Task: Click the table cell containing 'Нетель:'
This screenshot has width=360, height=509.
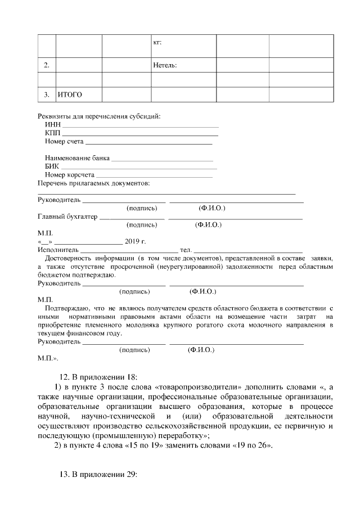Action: [165, 66]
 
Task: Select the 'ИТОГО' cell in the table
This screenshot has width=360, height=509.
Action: [70, 94]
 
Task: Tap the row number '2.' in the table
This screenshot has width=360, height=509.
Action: [47, 66]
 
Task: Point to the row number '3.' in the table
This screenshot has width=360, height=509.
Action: [47, 94]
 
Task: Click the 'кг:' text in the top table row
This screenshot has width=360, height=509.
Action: [158, 42]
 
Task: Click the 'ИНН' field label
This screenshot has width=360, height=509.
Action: [52, 125]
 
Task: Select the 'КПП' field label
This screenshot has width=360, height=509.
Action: [52, 133]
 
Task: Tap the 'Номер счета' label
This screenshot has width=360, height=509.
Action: [64, 142]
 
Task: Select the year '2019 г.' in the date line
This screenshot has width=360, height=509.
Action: [135, 241]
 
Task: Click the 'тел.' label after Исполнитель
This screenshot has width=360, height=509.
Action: [185, 250]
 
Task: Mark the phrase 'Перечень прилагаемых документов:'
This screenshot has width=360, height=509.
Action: [93, 183]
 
